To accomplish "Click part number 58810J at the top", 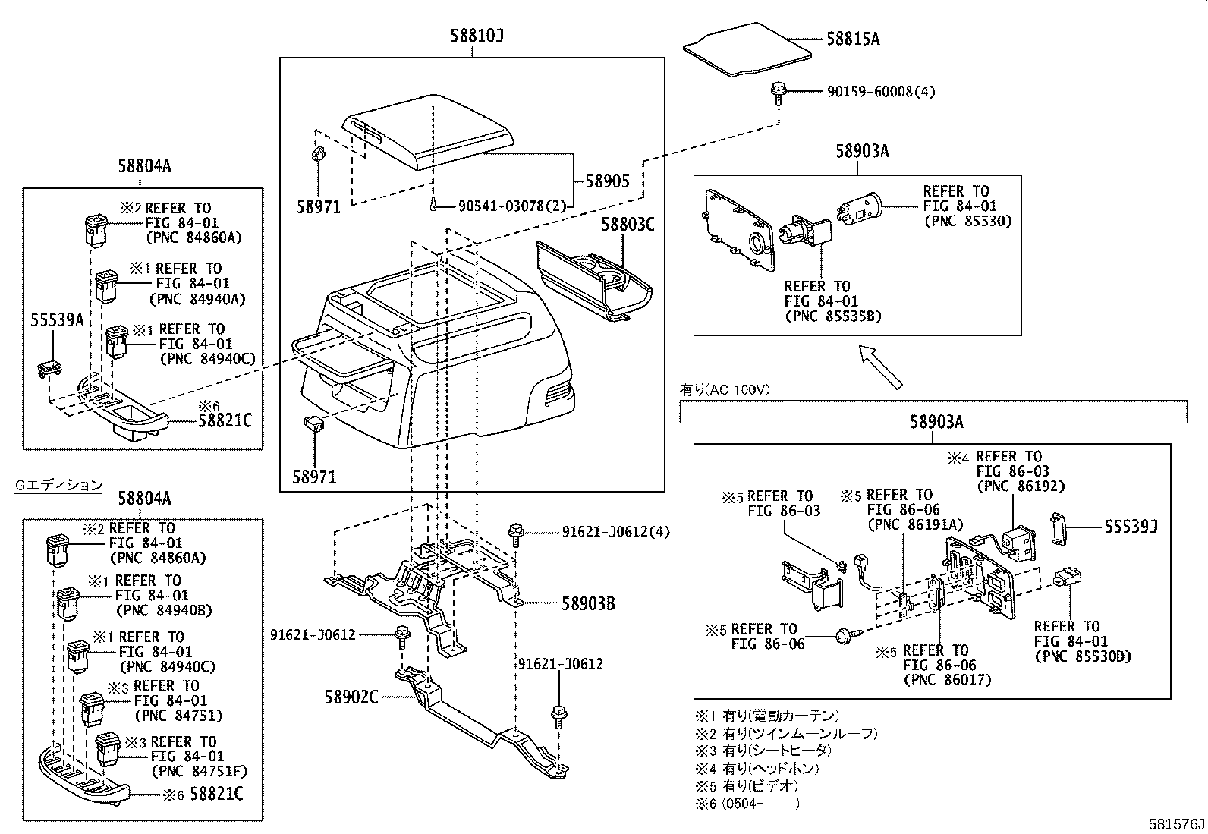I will [473, 36].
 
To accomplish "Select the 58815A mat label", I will [852, 39].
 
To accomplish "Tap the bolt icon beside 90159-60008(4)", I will [778, 90].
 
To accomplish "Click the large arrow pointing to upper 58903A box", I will [880, 365].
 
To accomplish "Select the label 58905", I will [606, 181].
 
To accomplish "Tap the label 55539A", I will [57, 320].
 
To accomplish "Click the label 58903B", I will [587, 604].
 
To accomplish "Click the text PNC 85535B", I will [833, 316].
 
